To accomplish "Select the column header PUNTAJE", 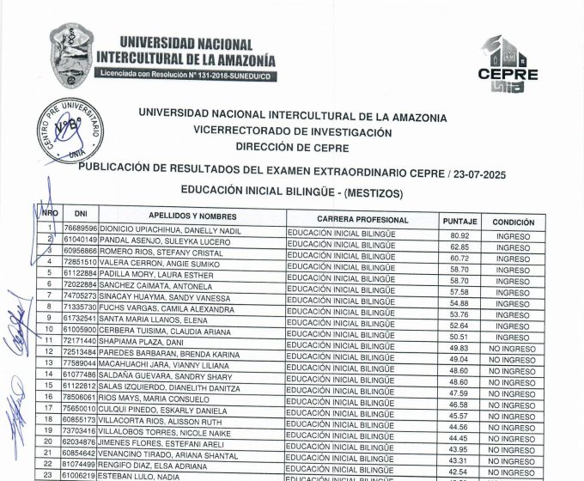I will click(459, 221).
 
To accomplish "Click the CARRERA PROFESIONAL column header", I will click(362, 220).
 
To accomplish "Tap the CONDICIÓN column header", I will click(513, 221).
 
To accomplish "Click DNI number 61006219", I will click(82, 473).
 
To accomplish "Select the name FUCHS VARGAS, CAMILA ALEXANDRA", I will click(161, 306).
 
